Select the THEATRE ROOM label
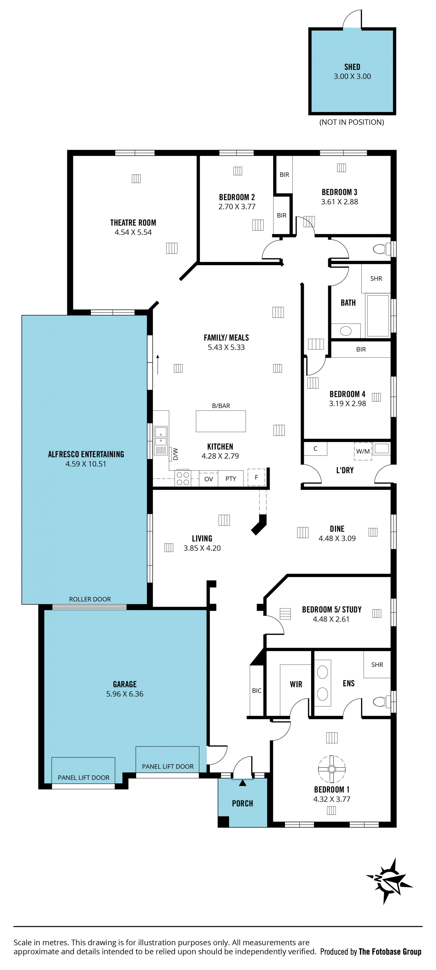pyautogui.click(x=133, y=222)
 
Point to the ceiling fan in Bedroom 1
pyautogui.click(x=331, y=768)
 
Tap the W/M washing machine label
pyautogui.click(x=363, y=451)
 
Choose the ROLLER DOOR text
pyautogui.click(x=90, y=599)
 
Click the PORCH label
pyautogui.click(x=242, y=804)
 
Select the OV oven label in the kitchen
pyautogui.click(x=208, y=479)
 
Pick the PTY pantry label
pyautogui.click(x=230, y=479)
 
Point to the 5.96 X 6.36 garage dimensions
pyautogui.click(x=125, y=694)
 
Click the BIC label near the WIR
pyautogui.click(x=257, y=691)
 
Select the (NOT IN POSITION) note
pyautogui.click(x=352, y=122)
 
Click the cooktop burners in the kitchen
pyautogui.click(x=183, y=479)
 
